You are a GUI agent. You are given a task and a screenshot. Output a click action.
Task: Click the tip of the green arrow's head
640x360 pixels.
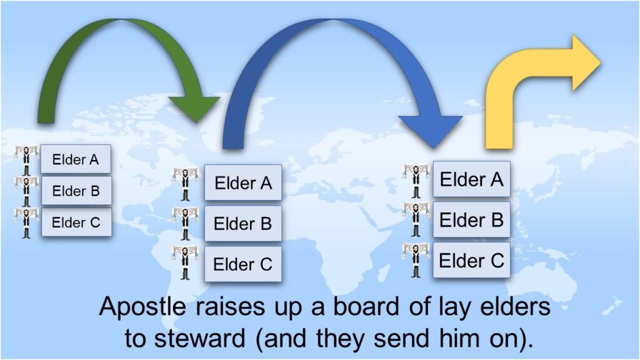click(196, 122)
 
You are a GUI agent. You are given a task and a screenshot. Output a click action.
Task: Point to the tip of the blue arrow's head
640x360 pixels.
click(433, 148)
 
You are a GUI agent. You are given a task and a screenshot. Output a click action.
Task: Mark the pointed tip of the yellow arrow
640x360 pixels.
click(601, 63)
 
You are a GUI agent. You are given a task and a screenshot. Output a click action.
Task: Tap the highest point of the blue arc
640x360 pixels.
click(332, 19)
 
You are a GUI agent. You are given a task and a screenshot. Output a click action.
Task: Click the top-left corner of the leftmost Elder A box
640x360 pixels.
click(41, 145)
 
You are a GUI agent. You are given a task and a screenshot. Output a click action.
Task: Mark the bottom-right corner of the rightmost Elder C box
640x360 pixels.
click(510, 277)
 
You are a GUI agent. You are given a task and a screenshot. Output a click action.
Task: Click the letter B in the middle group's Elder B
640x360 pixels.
click(266, 224)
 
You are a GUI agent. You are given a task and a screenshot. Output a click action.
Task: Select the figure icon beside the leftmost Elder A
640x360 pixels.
click(26, 159)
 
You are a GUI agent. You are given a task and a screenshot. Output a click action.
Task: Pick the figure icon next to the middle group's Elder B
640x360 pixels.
click(185, 223)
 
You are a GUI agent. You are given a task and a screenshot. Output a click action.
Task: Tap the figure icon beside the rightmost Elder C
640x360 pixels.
click(416, 260)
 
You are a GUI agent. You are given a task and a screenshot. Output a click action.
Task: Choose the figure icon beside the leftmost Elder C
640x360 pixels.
click(26, 222)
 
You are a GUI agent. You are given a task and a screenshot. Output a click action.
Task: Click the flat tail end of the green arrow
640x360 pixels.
click(46, 122)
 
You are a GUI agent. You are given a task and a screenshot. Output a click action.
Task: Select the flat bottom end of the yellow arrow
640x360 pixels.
click(499, 147)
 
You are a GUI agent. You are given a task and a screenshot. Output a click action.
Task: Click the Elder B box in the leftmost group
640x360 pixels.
click(76, 191)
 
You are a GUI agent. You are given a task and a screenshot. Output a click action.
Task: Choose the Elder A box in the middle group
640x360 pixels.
click(243, 182)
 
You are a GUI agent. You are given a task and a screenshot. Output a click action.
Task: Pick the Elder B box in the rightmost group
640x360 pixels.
click(471, 219)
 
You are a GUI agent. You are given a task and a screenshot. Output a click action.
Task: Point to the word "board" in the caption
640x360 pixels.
click(366, 306)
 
